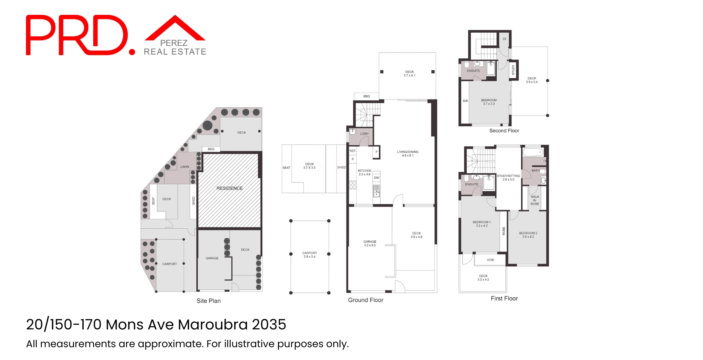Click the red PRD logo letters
tap(76, 36)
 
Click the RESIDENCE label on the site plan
tap(229, 188)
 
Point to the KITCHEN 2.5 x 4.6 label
tap(364, 172)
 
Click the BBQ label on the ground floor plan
tap(366, 96)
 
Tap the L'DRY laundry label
tap(364, 134)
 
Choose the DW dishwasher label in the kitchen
tap(377, 178)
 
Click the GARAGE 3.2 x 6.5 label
tap(370, 243)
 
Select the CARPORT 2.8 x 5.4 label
tap(309, 255)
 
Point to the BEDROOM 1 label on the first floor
tap(481, 224)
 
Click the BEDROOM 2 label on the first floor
tap(528, 234)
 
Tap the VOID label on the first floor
tap(490, 260)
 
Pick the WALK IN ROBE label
tap(535, 200)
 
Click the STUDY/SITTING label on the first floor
tap(508, 178)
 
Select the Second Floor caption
tap(504, 131)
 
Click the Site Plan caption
tap(208, 301)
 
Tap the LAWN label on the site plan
tap(184, 167)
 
